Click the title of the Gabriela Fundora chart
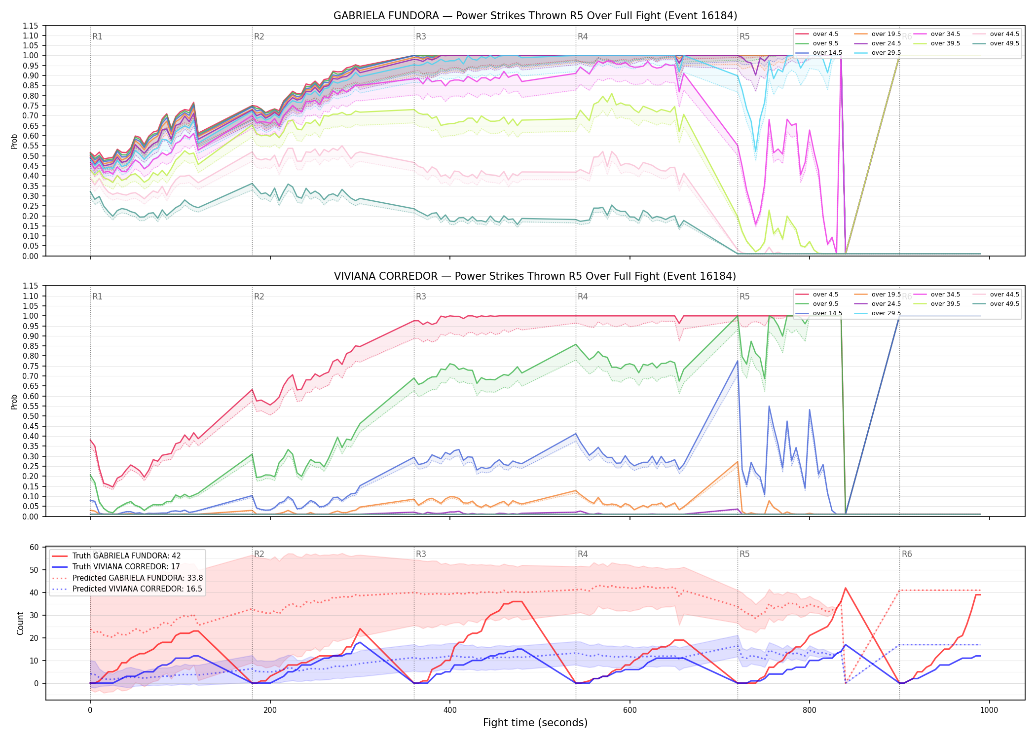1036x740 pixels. (535, 16)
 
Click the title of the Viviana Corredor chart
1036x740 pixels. (535, 276)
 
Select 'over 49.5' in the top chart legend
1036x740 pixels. (1004, 43)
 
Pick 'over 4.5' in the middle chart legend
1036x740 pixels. (825, 295)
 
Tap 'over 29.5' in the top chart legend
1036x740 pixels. (886, 53)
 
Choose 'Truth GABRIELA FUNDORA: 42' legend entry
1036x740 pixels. (127, 556)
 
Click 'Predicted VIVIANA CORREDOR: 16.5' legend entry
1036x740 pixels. (138, 589)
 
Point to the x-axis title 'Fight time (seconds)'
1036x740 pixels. (535, 723)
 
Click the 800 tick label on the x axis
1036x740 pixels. (810, 710)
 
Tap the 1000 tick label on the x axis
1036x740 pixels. (989, 710)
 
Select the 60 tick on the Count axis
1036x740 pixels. (34, 547)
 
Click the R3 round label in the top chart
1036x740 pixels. (421, 37)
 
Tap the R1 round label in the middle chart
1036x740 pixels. (97, 296)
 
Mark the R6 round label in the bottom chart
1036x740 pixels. (907, 554)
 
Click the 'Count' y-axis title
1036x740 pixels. (20, 623)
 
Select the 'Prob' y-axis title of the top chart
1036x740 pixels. (14, 141)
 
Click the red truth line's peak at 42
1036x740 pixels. (846, 588)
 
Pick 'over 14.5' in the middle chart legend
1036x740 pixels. (827, 313)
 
